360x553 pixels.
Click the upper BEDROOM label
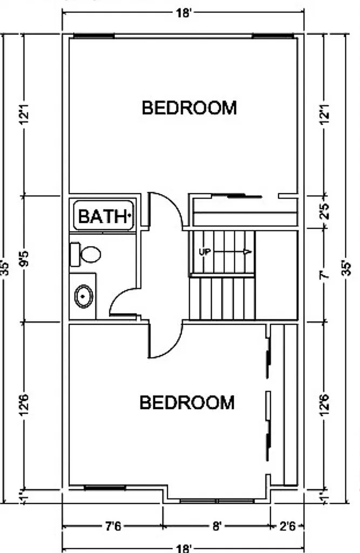(189, 108)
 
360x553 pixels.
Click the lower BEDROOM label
(187, 402)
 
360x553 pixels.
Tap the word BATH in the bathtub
(103, 216)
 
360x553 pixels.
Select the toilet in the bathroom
(85, 254)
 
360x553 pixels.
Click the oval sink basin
(84, 296)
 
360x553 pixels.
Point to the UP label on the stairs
(205, 252)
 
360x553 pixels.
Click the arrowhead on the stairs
(248, 252)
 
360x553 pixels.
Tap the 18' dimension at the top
(184, 13)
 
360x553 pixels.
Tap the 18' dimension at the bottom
(184, 549)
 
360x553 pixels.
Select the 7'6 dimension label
(113, 527)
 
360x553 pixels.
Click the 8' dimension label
(217, 527)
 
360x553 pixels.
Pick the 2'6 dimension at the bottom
(287, 527)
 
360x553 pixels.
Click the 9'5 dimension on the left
(25, 258)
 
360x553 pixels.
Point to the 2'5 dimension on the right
(325, 211)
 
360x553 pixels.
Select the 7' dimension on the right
(325, 275)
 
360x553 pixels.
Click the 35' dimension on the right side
(347, 269)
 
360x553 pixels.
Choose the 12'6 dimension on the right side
(325, 405)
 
